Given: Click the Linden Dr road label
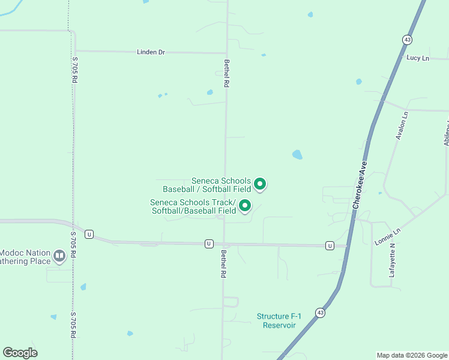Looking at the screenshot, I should tap(151, 52).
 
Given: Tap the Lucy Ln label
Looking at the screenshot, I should tap(418, 58).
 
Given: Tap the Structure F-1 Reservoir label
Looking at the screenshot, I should tap(276, 320).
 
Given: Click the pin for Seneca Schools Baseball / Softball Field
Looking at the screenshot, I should tap(260, 184).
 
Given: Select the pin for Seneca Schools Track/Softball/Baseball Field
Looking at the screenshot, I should tap(245, 206).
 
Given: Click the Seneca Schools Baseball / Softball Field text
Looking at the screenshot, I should tap(221, 185).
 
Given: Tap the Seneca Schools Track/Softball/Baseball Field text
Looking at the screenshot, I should tap(193, 206).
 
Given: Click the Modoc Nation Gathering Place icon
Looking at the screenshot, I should tap(59, 256).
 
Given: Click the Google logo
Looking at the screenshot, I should tap(20, 353).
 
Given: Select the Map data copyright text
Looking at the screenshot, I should tap(411, 355).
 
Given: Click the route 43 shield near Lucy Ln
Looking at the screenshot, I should tap(407, 39).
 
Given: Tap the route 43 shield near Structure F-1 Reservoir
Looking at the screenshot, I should tap(321, 313).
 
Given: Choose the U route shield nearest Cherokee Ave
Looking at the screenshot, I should tap(330, 245).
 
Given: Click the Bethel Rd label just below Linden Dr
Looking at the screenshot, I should tap(227, 74).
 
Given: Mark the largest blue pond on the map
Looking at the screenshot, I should tap(297, 155).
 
